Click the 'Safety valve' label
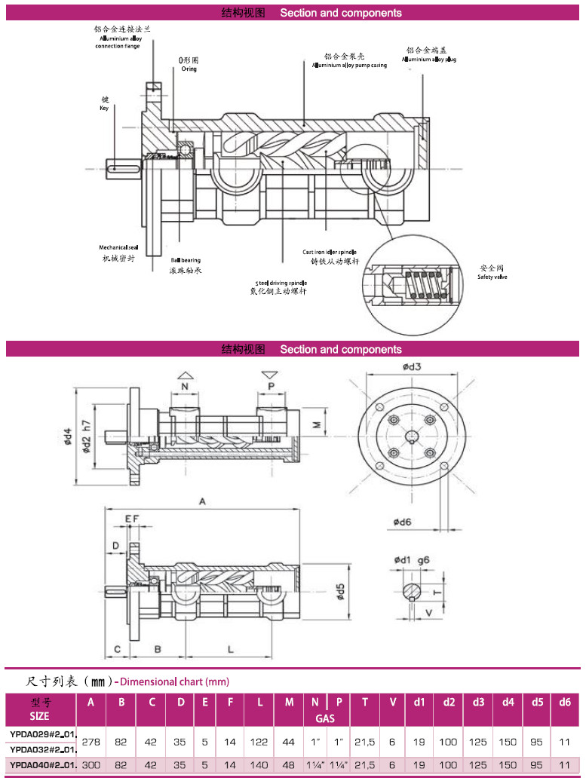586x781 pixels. click(492, 277)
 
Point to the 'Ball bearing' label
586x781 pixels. click(185, 259)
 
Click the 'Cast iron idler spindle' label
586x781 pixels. click(330, 252)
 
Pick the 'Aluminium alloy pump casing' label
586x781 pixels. click(349, 66)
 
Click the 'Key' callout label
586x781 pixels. click(104, 108)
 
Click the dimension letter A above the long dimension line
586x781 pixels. click(202, 501)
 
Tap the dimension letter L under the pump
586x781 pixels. click(230, 648)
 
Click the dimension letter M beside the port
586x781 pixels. click(318, 424)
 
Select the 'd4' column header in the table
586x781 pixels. click(508, 702)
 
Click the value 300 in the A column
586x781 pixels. click(91, 764)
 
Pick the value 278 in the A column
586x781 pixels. click(91, 742)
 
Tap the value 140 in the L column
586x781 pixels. click(259, 764)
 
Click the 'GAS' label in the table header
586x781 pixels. click(325, 718)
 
